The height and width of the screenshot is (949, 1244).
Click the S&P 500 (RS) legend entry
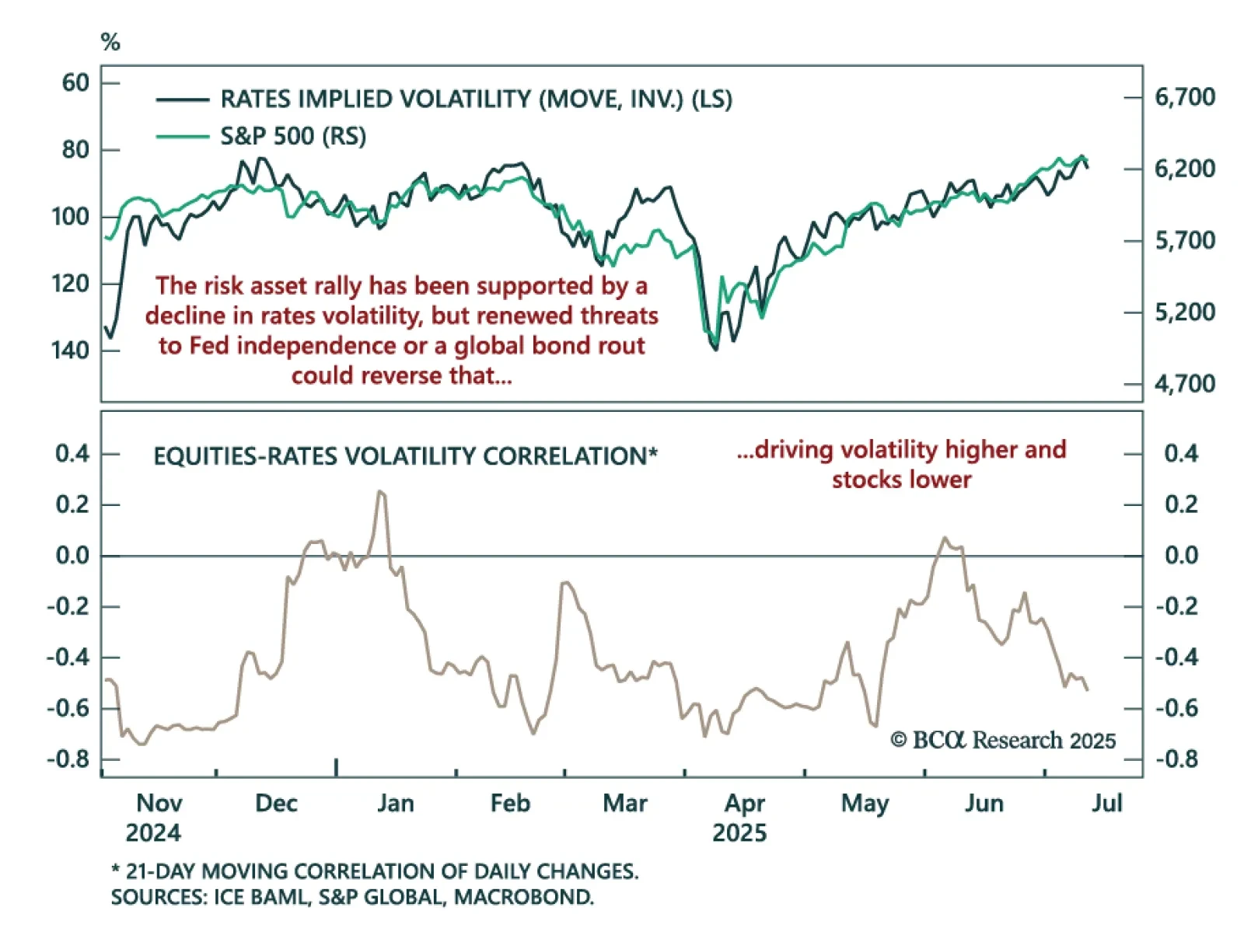click(292, 137)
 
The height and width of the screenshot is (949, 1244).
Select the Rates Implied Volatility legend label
click(475, 99)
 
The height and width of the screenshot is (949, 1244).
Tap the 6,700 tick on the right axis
click(1184, 97)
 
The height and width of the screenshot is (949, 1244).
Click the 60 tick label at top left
click(75, 82)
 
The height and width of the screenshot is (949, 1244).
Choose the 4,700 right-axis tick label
click(1184, 383)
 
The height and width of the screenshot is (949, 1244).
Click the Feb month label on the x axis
click(510, 803)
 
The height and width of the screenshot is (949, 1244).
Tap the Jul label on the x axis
click(1106, 803)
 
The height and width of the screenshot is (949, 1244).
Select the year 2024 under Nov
click(153, 833)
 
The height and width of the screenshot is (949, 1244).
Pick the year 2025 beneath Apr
click(739, 833)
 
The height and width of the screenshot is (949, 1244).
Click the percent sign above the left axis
click(110, 42)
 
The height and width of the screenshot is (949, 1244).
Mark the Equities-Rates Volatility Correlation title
click(405, 456)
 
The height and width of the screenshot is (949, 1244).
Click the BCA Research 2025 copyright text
click(1003, 740)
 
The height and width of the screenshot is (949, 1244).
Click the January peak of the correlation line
click(380, 491)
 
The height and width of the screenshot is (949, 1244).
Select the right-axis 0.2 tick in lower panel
click(1181, 504)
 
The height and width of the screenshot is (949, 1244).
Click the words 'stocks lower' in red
click(901, 480)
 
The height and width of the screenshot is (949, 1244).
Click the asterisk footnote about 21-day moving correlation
click(375, 871)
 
